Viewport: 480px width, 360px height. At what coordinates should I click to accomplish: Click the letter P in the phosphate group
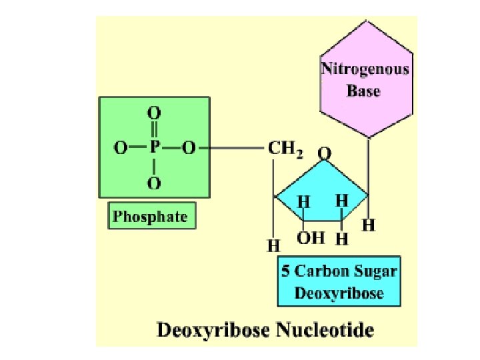coord(154,148)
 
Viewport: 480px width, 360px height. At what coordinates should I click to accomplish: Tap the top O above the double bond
coord(154,113)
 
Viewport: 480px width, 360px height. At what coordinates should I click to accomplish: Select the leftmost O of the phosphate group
coord(121,148)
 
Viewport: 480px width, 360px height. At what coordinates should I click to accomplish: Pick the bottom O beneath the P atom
coord(154,182)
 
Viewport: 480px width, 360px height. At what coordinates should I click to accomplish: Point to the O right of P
coord(189,148)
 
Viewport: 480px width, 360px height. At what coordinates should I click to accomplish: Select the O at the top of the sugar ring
coord(323,154)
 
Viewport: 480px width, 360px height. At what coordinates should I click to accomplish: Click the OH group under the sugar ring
coord(311,237)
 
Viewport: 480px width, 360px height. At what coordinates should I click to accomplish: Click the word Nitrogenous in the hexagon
coord(365,69)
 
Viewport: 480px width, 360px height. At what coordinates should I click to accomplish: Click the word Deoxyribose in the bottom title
coord(213,330)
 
